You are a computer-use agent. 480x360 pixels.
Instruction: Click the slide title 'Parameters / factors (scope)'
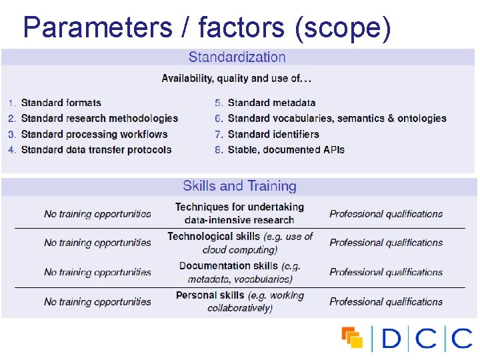tap(206, 28)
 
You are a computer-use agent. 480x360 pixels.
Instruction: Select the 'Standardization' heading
tap(237, 58)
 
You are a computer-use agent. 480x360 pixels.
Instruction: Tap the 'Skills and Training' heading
tap(239, 186)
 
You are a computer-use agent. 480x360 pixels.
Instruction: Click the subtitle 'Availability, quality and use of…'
tap(237, 79)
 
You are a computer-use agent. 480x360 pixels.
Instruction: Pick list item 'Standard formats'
tap(61, 103)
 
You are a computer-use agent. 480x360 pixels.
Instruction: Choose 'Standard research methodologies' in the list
tap(99, 119)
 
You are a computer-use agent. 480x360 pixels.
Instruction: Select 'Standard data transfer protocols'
tap(96, 150)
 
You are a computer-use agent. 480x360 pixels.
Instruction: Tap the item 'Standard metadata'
tap(271, 103)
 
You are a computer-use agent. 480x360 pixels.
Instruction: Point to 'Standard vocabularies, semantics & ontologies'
tap(337, 119)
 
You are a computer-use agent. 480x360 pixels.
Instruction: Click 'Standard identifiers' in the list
tap(273, 134)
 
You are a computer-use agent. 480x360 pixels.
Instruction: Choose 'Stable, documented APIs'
tap(286, 150)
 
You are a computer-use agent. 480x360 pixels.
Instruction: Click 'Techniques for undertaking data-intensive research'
tap(239, 213)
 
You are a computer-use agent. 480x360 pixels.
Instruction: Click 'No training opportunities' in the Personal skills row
tap(97, 302)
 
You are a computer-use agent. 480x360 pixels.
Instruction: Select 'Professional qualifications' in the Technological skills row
tap(386, 243)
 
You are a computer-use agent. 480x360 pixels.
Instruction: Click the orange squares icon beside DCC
tap(352, 338)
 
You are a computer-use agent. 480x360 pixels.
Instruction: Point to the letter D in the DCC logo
tap(392, 339)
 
